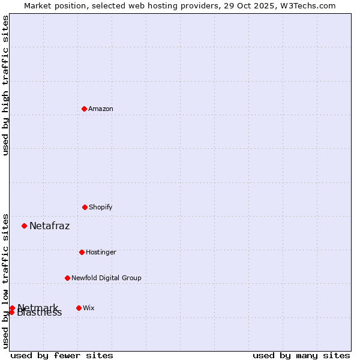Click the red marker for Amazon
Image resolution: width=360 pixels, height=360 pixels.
tap(85, 109)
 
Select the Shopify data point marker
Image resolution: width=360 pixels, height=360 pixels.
tap(85, 207)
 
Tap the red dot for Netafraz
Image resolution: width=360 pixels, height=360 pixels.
tap(25, 226)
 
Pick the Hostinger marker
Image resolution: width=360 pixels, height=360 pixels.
tap(82, 252)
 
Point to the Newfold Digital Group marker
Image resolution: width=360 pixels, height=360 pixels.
tap(67, 278)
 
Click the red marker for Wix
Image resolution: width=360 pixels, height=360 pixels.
tap(79, 308)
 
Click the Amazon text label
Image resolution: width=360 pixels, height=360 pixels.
tap(101, 109)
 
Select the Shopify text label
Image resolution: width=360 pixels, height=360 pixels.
tap(101, 207)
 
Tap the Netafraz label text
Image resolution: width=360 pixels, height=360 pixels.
tap(49, 226)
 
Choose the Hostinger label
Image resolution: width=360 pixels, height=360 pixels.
tap(101, 252)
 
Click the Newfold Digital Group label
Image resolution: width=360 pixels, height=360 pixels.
tap(106, 278)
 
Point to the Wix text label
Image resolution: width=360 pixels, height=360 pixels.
tap(88, 308)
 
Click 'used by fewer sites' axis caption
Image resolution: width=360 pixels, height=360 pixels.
tap(62, 355)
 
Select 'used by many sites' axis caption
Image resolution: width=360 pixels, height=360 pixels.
tap(301, 355)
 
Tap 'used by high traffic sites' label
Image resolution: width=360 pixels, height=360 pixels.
tap(5, 85)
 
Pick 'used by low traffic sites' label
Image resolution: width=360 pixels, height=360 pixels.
tap(5, 280)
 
